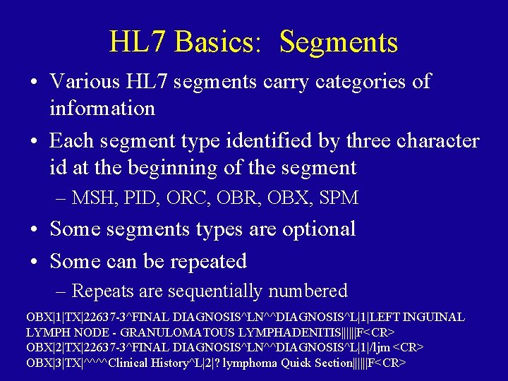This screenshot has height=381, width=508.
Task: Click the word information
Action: point(102,109)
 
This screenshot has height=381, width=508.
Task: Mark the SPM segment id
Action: point(338,198)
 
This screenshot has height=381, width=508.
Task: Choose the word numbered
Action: point(313,291)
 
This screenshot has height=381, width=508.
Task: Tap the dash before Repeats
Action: point(61,291)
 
